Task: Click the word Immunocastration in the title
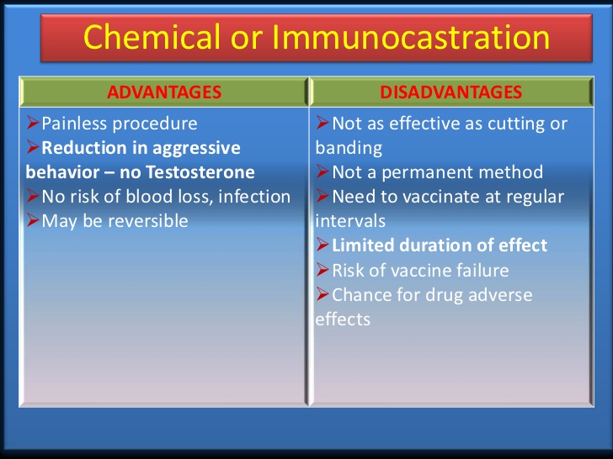tap(411, 37)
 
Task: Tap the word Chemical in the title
tap(152, 37)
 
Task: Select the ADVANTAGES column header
tap(164, 92)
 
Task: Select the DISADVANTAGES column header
tap(451, 92)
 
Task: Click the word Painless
tap(74, 124)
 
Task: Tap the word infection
tap(254, 197)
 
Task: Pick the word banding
tap(349, 149)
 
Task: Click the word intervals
tap(350, 221)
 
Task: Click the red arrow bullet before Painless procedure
tap(33, 123)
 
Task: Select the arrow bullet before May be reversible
tap(33, 219)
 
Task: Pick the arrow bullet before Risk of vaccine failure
tap(322, 269)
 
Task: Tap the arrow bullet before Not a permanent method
tap(322, 171)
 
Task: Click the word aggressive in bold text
tap(196, 149)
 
